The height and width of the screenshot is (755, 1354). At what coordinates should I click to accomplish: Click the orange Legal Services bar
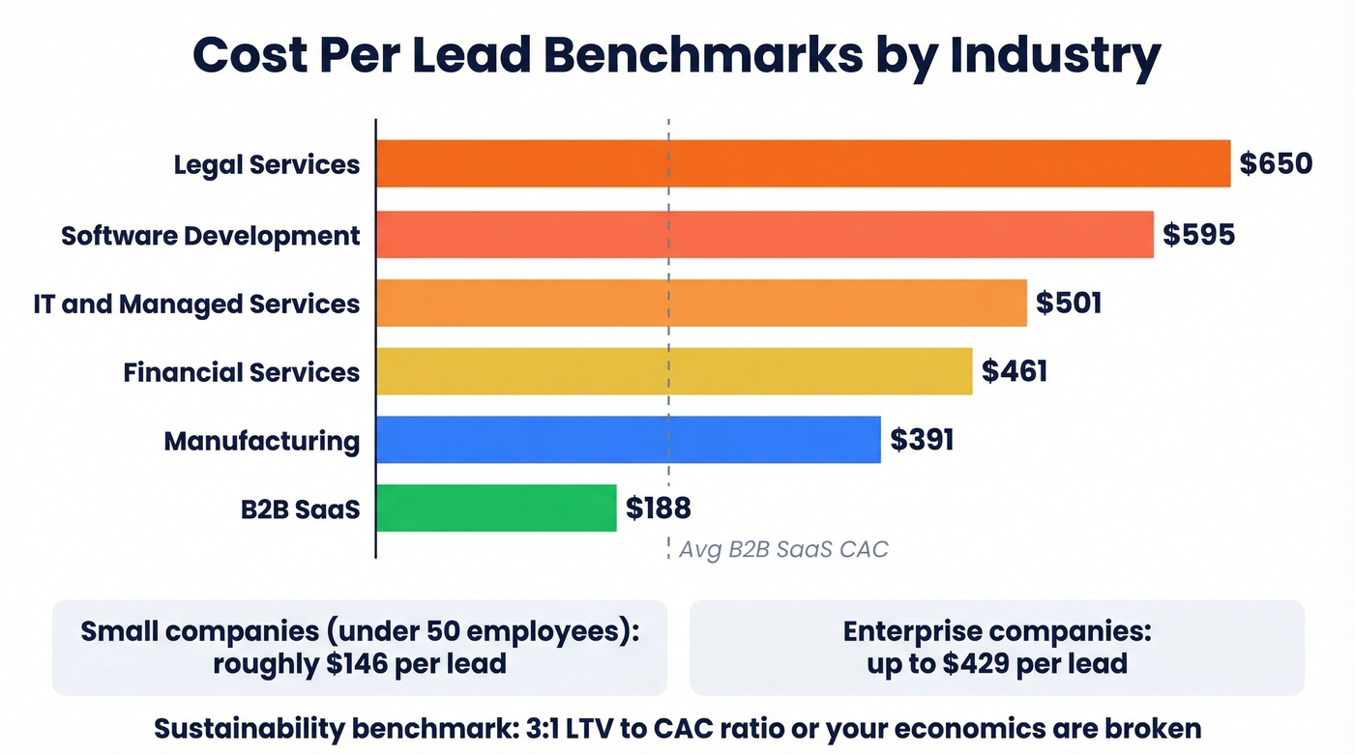tap(803, 163)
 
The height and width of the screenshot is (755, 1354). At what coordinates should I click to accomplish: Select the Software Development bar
tap(764, 235)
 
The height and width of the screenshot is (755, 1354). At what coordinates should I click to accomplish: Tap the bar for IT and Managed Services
tap(701, 304)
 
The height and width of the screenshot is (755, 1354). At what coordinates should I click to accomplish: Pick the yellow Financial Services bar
tap(674, 372)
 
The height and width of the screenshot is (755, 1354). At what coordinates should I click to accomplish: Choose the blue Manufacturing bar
tap(629, 440)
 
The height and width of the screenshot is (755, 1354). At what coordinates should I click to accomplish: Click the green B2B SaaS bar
tap(496, 508)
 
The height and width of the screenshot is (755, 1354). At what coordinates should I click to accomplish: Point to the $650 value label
tap(1276, 163)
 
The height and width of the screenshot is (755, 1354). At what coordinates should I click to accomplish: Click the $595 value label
tap(1198, 235)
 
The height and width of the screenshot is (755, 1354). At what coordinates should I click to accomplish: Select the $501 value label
tap(1069, 304)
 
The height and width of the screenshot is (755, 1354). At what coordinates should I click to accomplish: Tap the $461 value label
tap(1015, 372)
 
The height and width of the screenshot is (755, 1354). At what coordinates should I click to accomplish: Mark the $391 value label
tap(922, 441)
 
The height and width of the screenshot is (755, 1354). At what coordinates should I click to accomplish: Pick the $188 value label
tap(658, 508)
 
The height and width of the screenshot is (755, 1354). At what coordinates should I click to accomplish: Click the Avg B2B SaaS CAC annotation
tap(782, 550)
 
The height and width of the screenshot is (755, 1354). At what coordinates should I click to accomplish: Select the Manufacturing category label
tap(261, 442)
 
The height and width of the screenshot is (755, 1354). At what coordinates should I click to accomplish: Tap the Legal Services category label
tap(266, 164)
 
